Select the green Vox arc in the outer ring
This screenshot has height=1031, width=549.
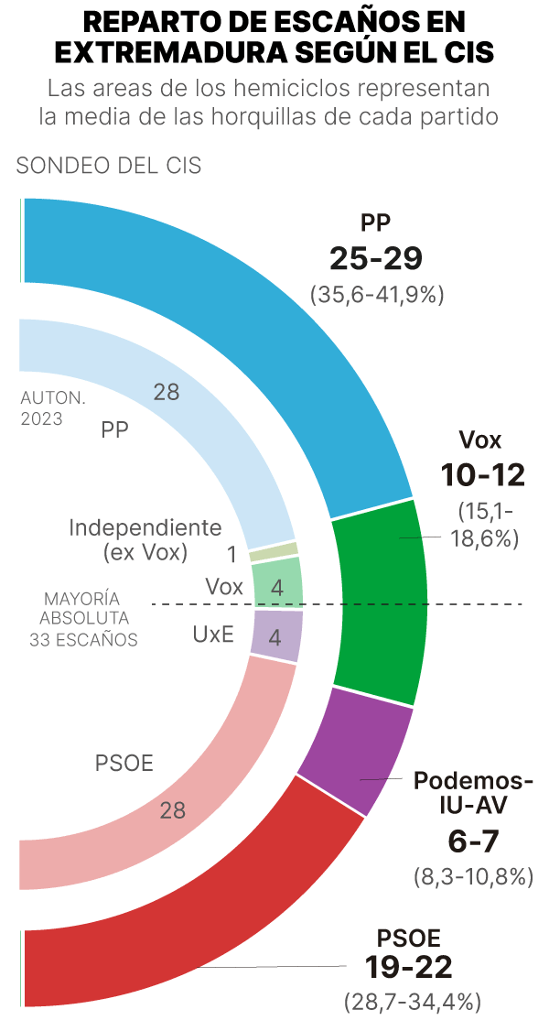pyautogui.click(x=380, y=600)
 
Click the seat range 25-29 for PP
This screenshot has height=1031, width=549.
pyautogui.click(x=376, y=259)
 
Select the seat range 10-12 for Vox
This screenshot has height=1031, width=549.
pyautogui.click(x=481, y=475)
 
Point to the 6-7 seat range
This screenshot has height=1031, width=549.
pyautogui.click(x=473, y=841)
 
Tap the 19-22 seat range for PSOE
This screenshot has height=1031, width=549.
pyautogui.click(x=408, y=967)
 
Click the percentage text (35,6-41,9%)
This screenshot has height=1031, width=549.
pyautogui.click(x=377, y=294)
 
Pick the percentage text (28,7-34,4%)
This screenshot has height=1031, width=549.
pyautogui.click(x=413, y=1001)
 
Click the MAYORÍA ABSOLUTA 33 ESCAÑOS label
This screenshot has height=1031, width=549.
pyautogui.click(x=84, y=618)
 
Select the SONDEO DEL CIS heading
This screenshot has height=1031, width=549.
pyautogui.click(x=109, y=166)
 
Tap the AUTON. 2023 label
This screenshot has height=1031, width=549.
pyautogui.click(x=52, y=409)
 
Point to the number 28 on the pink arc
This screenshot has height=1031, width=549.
pyautogui.click(x=173, y=810)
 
